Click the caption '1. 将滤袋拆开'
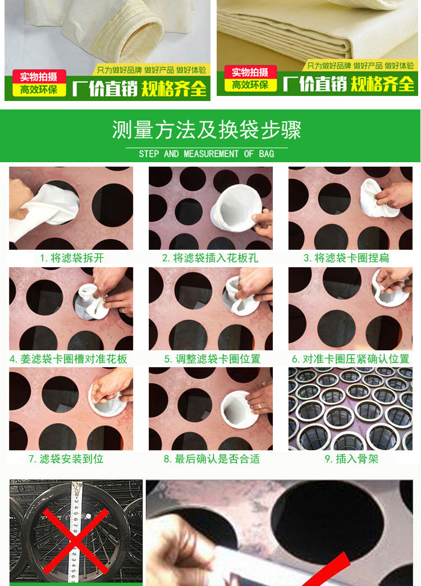click(72, 258)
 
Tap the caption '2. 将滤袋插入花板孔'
click(210, 258)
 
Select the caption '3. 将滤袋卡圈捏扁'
click(346, 258)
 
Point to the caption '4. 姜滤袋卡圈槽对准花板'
click(68, 359)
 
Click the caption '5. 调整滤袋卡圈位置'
click(212, 359)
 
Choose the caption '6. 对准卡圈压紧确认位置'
click(351, 359)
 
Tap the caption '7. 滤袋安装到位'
click(66, 459)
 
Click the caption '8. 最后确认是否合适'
click(212, 459)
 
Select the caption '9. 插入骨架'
click(351, 459)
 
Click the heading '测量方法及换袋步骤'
click(207, 130)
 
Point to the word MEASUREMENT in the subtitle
click(211, 154)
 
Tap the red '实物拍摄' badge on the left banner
click(39, 76)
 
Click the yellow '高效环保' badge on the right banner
click(250, 85)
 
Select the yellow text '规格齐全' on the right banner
click(382, 83)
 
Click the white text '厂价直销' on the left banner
click(105, 89)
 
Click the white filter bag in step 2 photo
click(236, 207)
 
